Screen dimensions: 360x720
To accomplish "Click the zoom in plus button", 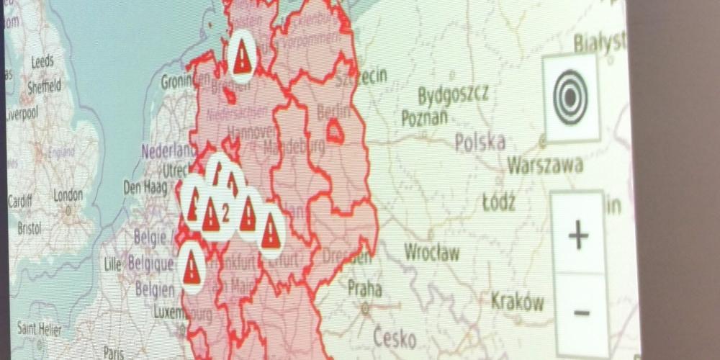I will [x=578, y=235].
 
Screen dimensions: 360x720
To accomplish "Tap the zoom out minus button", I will [x=582, y=312].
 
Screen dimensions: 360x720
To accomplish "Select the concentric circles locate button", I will [x=571, y=97].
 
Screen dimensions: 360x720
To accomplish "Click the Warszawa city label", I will [x=545, y=165].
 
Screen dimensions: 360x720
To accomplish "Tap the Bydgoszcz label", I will [x=453, y=94].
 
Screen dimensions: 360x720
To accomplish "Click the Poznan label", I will [x=424, y=117].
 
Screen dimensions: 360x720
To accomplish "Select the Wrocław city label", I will [x=431, y=253].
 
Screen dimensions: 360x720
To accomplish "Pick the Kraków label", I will [x=518, y=301].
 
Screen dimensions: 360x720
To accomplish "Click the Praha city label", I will [x=365, y=289].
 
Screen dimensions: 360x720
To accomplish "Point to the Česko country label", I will [x=395, y=336].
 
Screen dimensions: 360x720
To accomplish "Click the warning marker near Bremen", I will [x=243, y=55].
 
